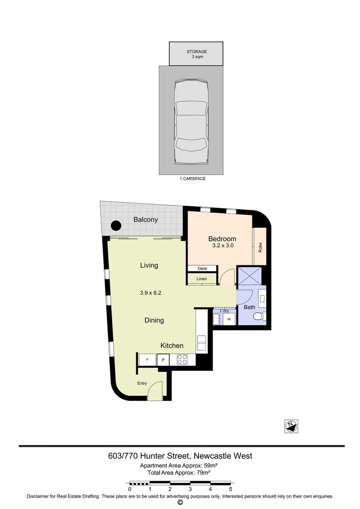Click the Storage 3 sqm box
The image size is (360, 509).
(196, 54)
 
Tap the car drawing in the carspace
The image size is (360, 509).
(191, 122)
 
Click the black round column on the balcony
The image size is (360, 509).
(115, 226)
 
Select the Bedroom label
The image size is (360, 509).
(222, 239)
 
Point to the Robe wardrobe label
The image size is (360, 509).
(260, 247)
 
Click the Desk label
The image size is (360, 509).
(203, 269)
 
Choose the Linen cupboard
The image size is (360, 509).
(202, 279)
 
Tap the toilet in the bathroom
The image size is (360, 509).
(259, 316)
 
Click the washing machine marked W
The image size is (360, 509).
(229, 320)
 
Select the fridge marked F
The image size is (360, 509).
(147, 360)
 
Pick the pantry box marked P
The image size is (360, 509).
(163, 360)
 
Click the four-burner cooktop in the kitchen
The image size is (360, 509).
(182, 360)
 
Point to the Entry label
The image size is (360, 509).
(142, 384)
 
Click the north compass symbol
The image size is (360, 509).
(292, 426)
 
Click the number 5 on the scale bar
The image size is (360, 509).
(230, 490)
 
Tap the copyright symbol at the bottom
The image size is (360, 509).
(180, 502)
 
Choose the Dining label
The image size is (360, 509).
(154, 320)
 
